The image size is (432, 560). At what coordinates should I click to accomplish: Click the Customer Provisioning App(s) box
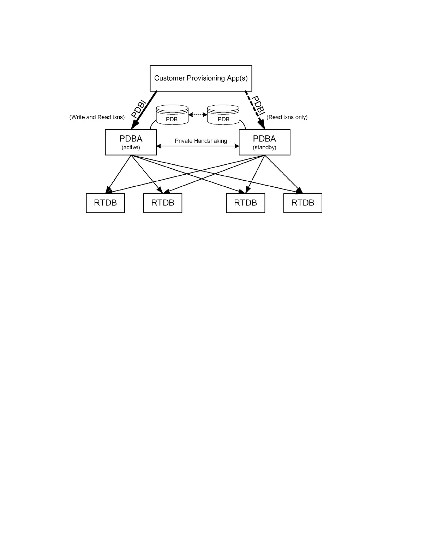pos(201,78)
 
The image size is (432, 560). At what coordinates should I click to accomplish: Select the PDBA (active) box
pos(131,142)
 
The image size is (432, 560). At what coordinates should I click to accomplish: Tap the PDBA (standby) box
pos(264,142)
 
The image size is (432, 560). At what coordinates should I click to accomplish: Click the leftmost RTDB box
pos(105,203)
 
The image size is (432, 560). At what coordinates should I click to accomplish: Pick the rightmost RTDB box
pos(302,203)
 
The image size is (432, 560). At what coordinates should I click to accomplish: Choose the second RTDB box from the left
pos(162,203)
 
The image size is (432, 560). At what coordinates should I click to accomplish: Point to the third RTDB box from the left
pos(245,203)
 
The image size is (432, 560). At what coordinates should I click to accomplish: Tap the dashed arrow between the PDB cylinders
pos(198,115)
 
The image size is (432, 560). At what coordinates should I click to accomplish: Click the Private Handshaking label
pos(201,141)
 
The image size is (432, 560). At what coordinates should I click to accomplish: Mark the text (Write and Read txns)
pos(97,117)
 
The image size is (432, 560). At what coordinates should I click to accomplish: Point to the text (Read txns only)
pos(287,117)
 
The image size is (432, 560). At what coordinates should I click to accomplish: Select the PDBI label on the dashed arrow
pos(259,106)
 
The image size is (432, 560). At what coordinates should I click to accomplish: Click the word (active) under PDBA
pos(131,147)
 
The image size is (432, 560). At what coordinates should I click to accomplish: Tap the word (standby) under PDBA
pos(264,147)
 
